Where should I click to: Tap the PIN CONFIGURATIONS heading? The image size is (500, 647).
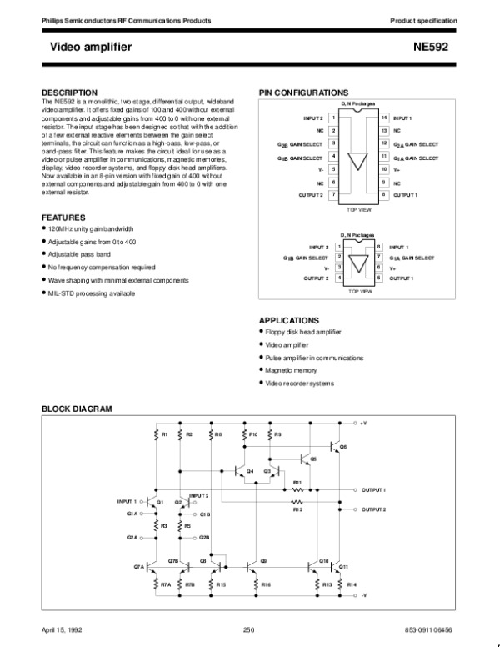(303, 92)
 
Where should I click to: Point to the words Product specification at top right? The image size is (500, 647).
(424, 18)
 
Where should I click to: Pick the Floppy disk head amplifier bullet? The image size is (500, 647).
(302, 332)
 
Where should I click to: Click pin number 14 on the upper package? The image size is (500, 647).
(383, 118)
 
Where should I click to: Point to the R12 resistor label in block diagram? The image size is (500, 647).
(297, 509)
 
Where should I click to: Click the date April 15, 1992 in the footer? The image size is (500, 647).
(60, 628)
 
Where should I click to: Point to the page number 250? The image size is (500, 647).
(248, 628)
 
